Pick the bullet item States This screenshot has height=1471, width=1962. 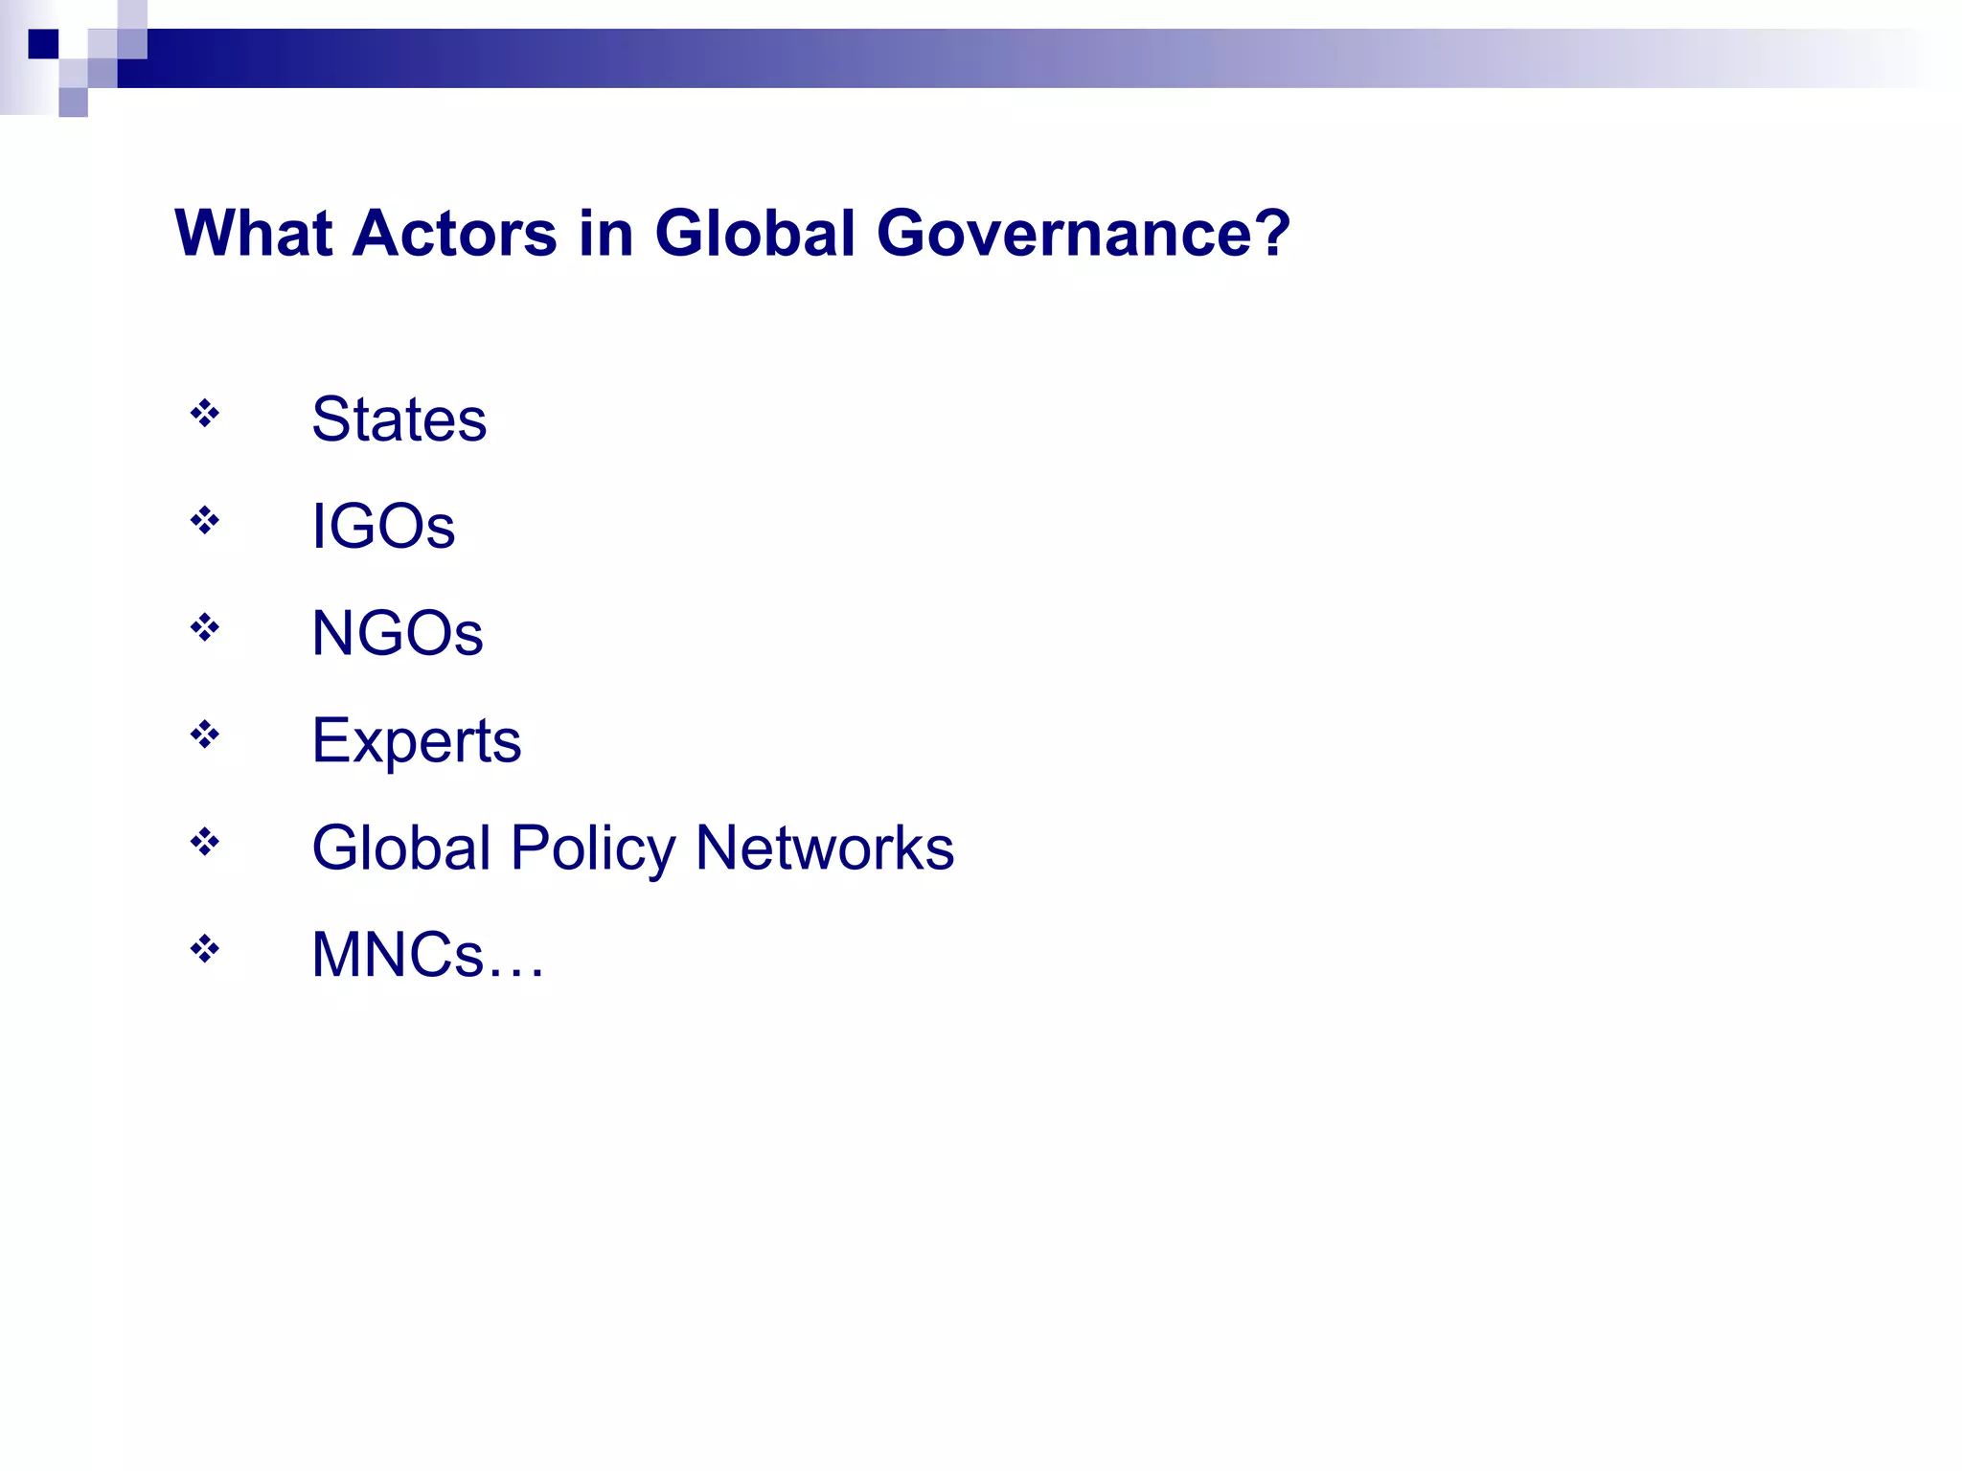coord(399,419)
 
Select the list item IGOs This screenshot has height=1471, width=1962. coord(383,526)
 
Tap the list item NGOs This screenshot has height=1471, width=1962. coord(397,633)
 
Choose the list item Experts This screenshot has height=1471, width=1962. coord(416,741)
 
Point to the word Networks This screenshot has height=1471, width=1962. coord(824,848)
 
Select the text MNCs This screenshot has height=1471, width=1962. coord(398,955)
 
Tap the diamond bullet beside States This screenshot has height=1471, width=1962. coord(204,414)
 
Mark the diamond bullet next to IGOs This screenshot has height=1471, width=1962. coord(204,521)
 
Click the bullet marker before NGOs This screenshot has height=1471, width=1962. coord(204,628)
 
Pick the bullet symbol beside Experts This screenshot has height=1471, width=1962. coord(204,735)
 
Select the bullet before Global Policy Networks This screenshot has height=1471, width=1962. coord(204,843)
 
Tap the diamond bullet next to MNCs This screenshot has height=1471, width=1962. coord(204,950)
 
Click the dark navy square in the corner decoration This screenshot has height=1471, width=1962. coord(43,44)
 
